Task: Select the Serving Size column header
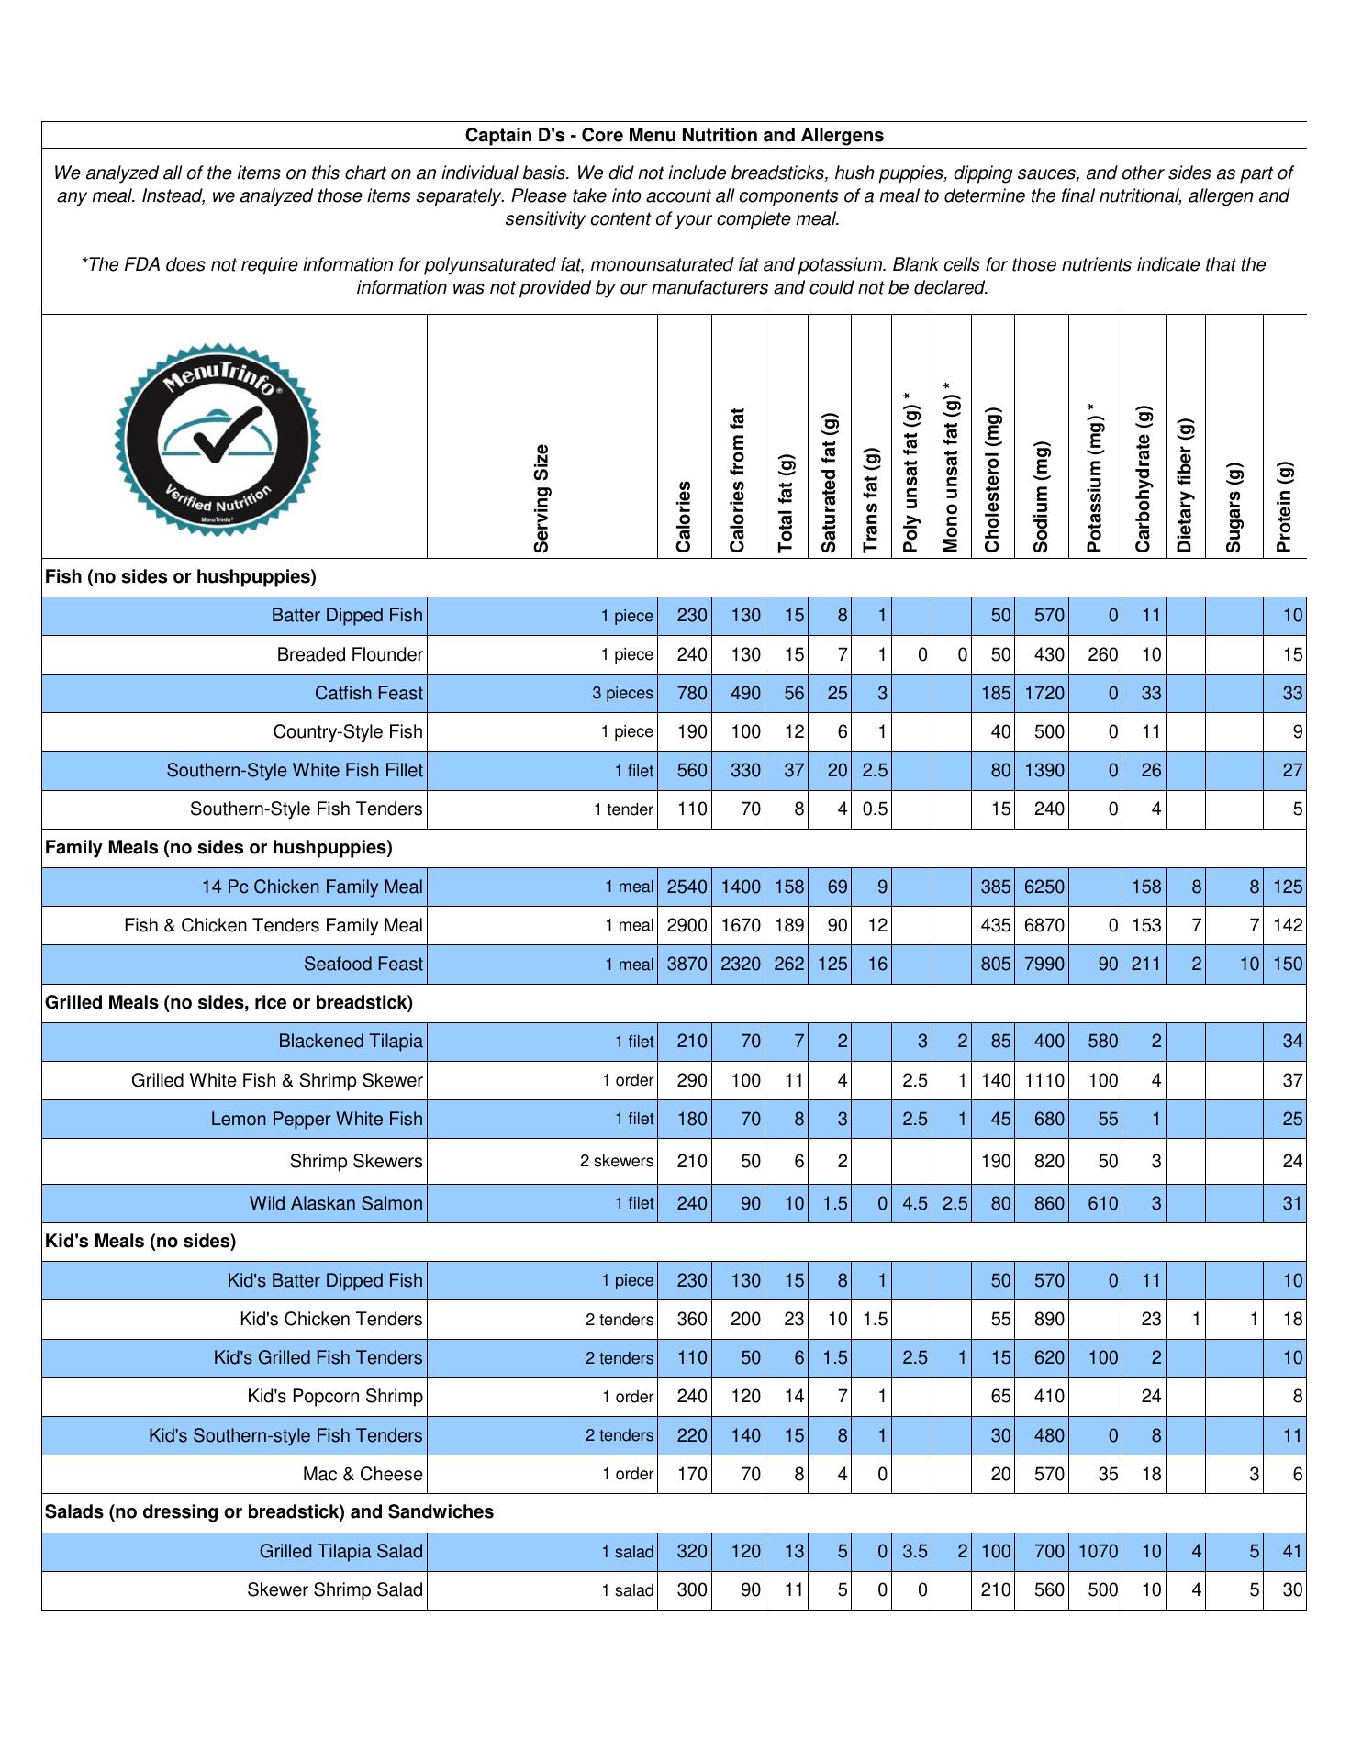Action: [541, 498]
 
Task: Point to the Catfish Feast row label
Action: [368, 694]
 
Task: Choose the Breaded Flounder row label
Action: [350, 655]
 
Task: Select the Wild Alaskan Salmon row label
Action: [336, 1204]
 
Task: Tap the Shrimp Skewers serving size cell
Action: [617, 1162]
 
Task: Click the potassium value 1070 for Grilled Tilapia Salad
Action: [1098, 1552]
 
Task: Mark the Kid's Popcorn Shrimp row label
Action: [335, 1397]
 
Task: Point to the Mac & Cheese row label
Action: [363, 1475]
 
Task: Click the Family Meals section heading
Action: [218, 848]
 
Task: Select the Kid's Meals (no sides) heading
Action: [140, 1242]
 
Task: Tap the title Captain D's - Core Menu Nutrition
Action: [674, 136]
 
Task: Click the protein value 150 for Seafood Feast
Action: [1288, 965]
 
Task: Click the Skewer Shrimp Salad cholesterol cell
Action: [996, 1590]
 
